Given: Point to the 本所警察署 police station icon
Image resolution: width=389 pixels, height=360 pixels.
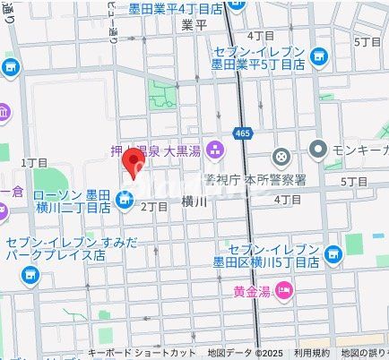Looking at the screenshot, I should pos(281,158).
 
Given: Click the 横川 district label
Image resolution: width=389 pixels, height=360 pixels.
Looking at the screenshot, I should pos(194,202).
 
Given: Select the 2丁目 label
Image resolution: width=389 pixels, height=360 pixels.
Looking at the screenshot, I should pos(155,207).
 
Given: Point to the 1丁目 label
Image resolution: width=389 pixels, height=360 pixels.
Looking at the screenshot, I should pos(34,163).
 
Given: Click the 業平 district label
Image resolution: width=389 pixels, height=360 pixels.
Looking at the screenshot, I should pos(194,24).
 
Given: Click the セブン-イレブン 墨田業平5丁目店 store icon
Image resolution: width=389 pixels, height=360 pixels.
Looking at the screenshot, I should pos(318,57).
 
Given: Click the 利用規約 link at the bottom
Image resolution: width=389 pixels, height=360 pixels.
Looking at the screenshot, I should pos(311,352).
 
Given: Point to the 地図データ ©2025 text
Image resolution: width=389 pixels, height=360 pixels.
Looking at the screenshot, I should pos(245,352).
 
